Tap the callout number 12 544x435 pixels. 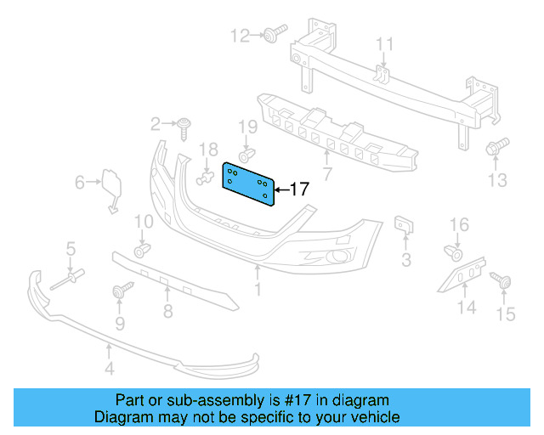click(241, 36)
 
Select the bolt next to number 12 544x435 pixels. click(271, 36)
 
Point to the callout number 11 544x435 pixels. click(385, 44)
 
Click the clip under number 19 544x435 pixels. click(245, 156)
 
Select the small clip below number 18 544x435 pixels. click(205, 178)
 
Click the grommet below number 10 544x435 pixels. click(142, 249)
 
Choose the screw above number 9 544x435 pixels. click(119, 293)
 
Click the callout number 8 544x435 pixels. click(167, 311)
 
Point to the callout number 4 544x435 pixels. click(109, 368)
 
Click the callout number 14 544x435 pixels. click(467, 307)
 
